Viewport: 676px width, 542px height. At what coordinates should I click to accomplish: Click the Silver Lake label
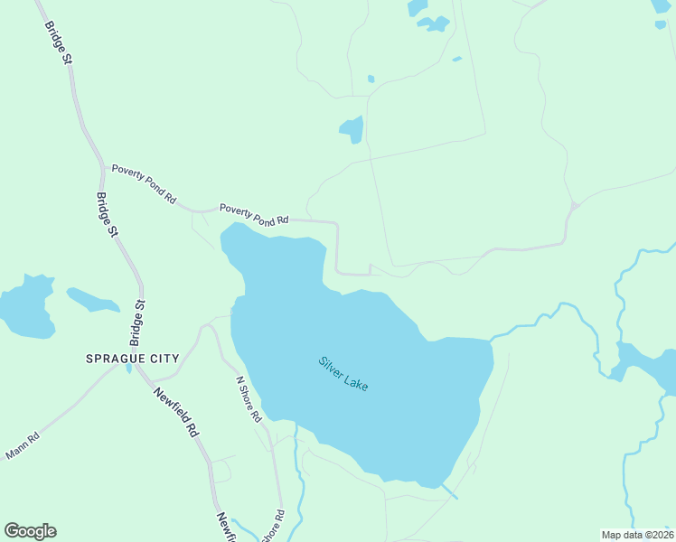pyautogui.click(x=343, y=374)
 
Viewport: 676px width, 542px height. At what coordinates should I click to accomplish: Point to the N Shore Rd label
pyautogui.click(x=249, y=399)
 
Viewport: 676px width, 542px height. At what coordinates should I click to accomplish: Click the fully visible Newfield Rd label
pyautogui.click(x=175, y=413)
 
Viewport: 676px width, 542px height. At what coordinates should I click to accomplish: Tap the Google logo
pyautogui.click(x=30, y=531)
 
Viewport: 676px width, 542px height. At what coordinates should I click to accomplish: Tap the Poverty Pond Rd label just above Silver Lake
pyautogui.click(x=254, y=213)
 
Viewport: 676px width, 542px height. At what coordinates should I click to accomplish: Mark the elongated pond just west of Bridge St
pyautogui.click(x=92, y=299)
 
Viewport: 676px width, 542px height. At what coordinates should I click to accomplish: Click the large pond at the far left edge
pyautogui.click(x=25, y=306)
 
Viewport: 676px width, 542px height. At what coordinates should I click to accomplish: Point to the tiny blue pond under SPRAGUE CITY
pyautogui.click(x=128, y=369)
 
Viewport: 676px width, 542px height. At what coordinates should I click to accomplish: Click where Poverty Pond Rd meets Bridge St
pyautogui.click(x=101, y=167)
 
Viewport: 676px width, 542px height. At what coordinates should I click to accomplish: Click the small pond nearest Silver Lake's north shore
pyautogui.click(x=352, y=130)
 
